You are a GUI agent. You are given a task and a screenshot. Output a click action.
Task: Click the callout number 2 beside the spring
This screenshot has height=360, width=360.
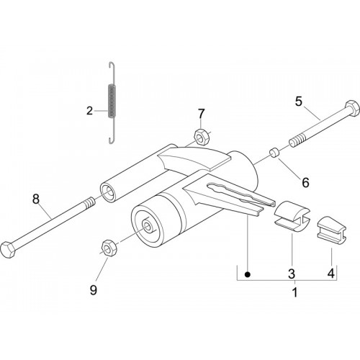coord(89,111)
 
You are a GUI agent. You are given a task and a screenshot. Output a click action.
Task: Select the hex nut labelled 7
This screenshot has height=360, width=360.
coord(202,138)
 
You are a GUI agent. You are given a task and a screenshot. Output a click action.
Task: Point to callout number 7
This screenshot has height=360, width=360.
coord(201,114)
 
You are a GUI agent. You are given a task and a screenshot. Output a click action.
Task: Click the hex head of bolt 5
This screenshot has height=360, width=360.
coord(352,108)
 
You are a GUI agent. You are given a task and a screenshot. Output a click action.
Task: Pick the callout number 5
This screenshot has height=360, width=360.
coord(299,102)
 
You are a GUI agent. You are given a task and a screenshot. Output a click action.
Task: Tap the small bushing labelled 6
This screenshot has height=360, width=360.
coord(274,153)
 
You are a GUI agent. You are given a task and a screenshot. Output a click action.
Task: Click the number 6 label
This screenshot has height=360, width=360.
coord(305,183)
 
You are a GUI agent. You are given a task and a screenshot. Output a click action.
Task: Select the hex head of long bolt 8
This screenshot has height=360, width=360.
coord(8,250)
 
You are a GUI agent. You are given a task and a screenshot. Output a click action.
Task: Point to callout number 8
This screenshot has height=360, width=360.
coord(36,199)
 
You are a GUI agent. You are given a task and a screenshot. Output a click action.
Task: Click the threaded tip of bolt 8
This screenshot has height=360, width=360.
coord(89,202)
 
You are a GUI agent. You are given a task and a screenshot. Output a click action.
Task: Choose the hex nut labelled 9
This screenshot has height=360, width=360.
coord(109,248)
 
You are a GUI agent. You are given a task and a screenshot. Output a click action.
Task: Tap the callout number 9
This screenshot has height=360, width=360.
coord(93,290)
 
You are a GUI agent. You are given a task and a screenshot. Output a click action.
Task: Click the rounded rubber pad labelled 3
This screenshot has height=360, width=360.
coord(292,216)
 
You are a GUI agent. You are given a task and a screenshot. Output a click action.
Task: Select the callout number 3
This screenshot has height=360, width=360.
coord(292,274)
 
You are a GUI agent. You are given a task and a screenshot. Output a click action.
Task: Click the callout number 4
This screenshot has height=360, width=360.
coord(331,274)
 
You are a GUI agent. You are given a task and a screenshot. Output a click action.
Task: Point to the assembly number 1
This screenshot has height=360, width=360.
coord(295,292)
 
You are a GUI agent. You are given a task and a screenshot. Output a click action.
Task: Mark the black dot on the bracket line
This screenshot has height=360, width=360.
coord(248,274)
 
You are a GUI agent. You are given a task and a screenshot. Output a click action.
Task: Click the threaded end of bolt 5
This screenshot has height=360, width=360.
coord(297,140)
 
